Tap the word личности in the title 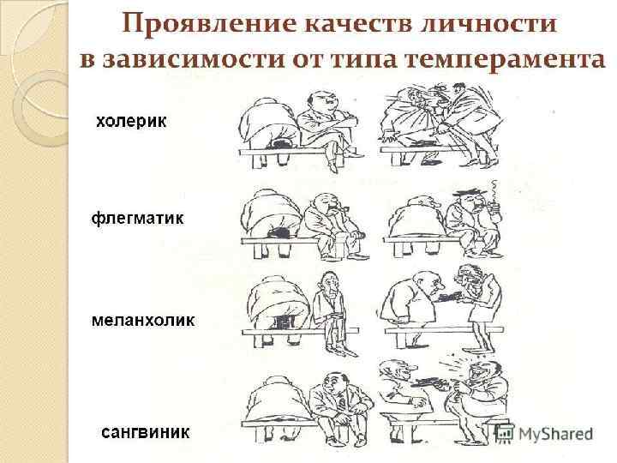click(497, 24)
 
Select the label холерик click(131, 122)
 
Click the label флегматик click(137, 219)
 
